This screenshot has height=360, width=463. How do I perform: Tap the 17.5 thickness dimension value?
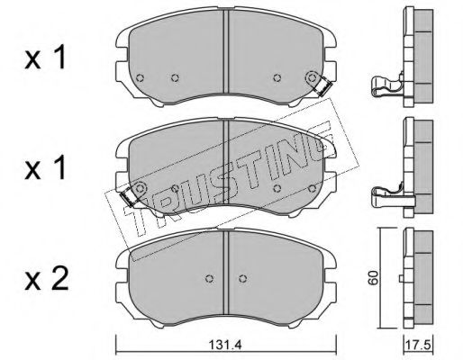click(x=419, y=345)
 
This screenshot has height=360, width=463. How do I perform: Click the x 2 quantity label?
click(x=47, y=278)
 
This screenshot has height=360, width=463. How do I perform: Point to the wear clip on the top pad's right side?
click(x=322, y=87)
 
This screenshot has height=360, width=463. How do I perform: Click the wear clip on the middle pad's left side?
click(x=129, y=196)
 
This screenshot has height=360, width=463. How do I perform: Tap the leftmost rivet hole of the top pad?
click(x=140, y=78)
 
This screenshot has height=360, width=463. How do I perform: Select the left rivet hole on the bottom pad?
click(x=210, y=279)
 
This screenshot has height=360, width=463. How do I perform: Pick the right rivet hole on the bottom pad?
click(x=243, y=279)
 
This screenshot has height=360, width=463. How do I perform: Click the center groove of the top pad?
click(x=226, y=51)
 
